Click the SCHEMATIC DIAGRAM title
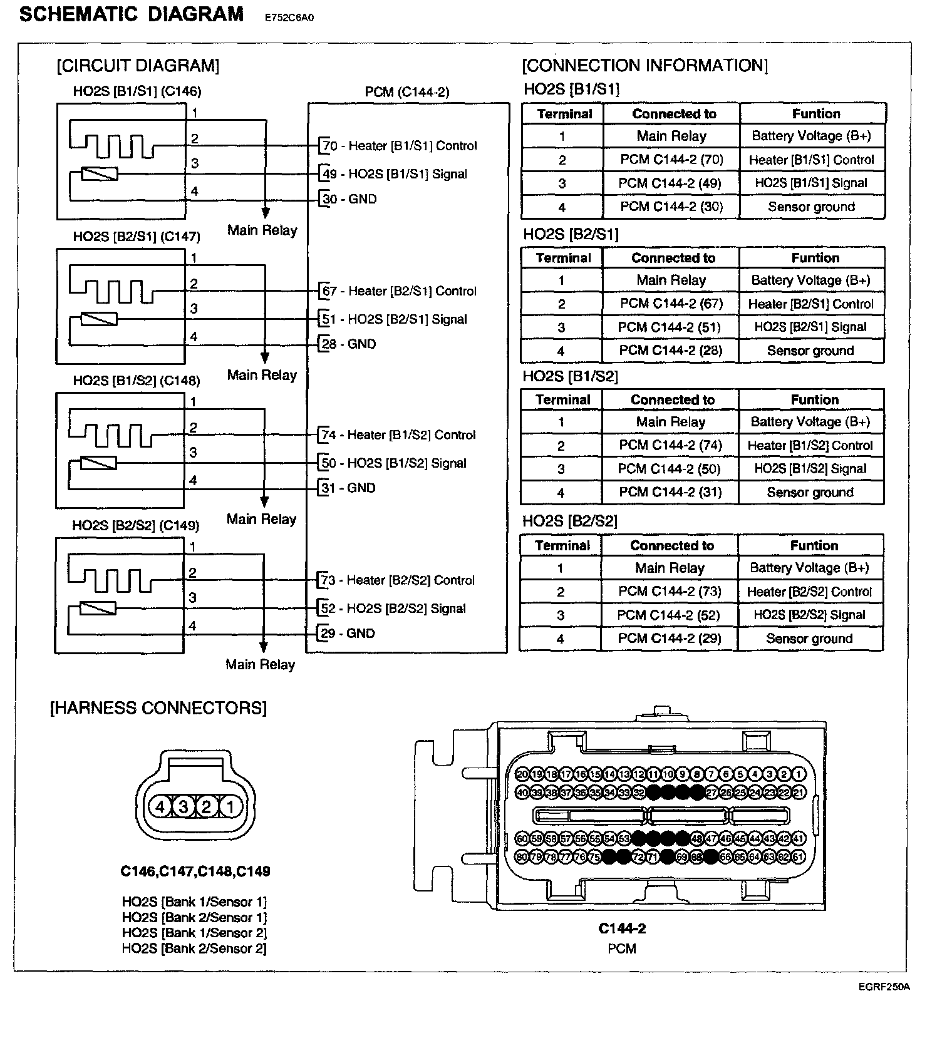(132, 14)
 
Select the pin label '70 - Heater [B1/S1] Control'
(399, 146)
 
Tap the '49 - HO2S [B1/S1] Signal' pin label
(394, 174)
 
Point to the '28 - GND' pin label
(349, 344)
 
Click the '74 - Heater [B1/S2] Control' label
(398, 435)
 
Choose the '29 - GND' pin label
(348, 634)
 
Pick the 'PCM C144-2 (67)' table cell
(671, 304)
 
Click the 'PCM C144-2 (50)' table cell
(670, 469)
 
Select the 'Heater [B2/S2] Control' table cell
(809, 592)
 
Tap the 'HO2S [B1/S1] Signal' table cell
(811, 183)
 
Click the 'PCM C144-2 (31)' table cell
(670, 492)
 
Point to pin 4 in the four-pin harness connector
(160, 807)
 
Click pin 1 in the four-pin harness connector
(230, 807)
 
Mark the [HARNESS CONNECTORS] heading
(158, 708)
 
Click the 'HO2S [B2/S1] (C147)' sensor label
(137, 237)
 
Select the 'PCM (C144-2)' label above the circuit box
(407, 92)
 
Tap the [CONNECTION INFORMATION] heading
(644, 65)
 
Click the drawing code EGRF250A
(884, 987)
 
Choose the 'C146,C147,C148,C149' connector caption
(195, 871)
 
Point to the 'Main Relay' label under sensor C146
(262, 230)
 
